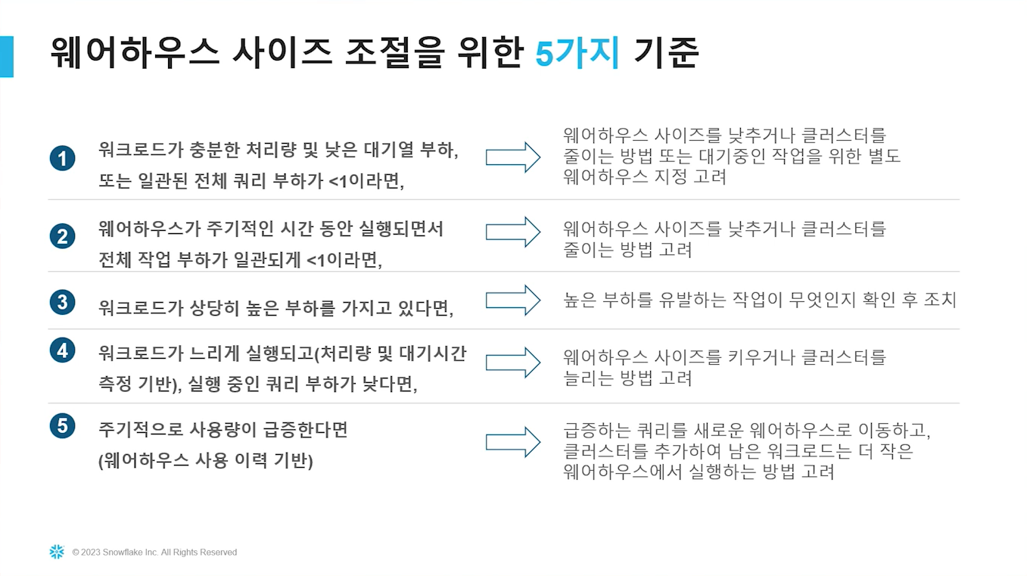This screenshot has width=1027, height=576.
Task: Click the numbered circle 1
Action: click(x=62, y=158)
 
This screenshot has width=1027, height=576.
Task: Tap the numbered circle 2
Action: click(x=62, y=236)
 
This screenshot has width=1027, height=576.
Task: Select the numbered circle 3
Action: click(x=62, y=302)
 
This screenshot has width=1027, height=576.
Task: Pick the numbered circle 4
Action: click(x=62, y=350)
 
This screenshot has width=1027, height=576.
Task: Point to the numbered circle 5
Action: click(x=62, y=425)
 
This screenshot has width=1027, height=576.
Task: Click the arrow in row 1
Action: click(x=513, y=157)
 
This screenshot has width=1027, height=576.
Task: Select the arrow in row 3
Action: click(x=513, y=300)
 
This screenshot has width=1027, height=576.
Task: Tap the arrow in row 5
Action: click(x=513, y=443)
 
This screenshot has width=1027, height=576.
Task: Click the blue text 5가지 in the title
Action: click(x=577, y=53)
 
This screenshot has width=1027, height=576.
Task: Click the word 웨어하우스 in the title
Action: click(x=135, y=53)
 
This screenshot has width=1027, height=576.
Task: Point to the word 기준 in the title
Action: click(x=666, y=53)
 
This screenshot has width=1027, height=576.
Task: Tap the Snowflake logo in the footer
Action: click(x=57, y=552)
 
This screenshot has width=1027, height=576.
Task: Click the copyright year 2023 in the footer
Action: click(x=90, y=552)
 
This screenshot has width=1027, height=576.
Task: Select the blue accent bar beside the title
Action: click(x=6, y=57)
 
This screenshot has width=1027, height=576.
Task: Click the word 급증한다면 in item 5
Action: click(x=305, y=430)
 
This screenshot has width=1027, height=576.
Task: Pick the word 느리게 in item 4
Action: click(x=215, y=353)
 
